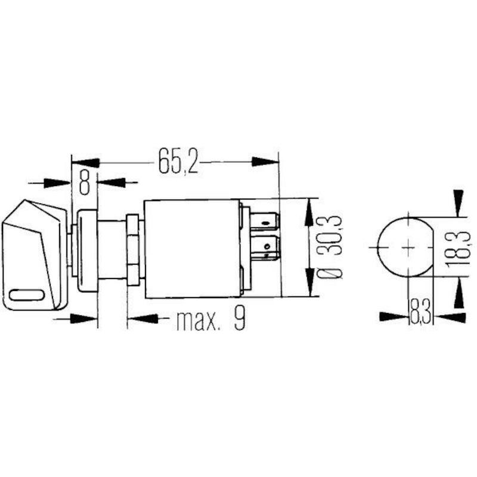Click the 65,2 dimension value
(178, 162)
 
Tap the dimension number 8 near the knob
(85, 182)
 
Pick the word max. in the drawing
(198, 320)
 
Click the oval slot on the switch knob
(27, 295)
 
